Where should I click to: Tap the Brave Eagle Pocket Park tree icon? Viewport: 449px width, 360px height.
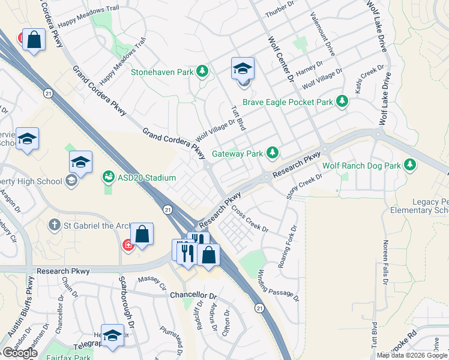pos(342,102)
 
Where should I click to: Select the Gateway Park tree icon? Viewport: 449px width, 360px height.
pos(273,154)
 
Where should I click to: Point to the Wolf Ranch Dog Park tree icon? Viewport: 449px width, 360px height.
pos(410,164)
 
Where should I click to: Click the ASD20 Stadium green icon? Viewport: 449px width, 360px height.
pos(109,178)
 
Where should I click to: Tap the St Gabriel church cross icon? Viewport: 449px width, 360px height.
pos(55,224)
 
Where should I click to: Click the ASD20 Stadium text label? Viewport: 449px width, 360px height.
pos(146,178)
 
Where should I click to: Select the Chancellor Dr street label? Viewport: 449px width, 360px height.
pos(192,296)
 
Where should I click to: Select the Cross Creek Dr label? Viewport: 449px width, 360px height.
pos(250,220)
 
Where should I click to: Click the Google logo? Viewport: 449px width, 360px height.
pos(19,352)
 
